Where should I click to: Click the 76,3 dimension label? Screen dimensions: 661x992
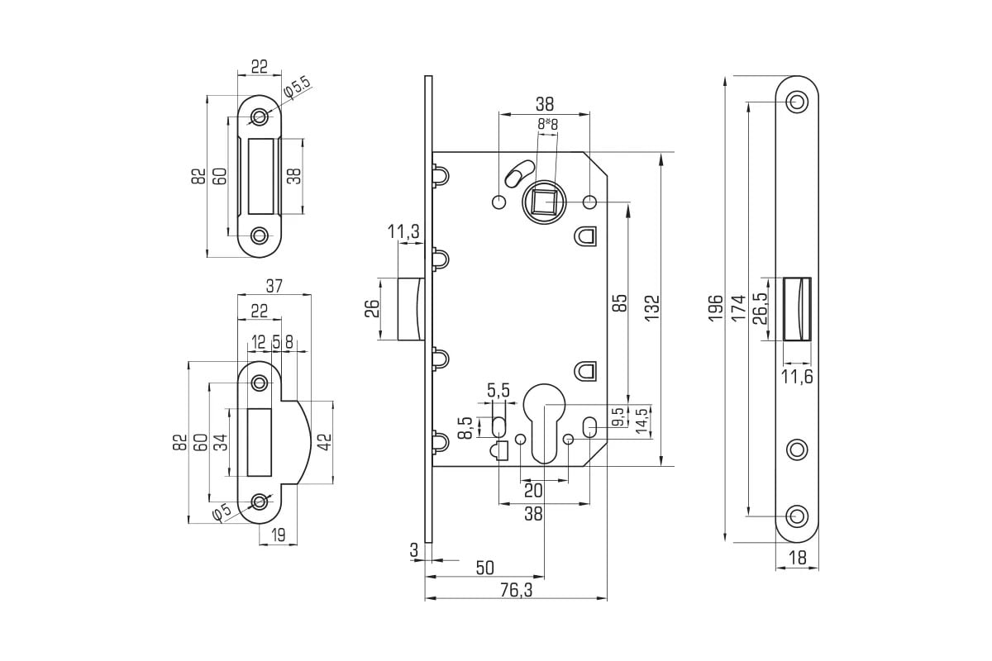click(515, 590)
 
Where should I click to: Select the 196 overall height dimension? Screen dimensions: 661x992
click(715, 308)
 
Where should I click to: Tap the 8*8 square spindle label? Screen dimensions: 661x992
click(547, 124)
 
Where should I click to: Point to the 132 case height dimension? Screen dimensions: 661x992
click(651, 308)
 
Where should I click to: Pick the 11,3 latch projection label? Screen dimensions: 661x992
click(403, 233)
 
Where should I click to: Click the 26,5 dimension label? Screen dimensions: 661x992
click(761, 308)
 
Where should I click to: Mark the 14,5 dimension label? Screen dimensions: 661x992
click(641, 421)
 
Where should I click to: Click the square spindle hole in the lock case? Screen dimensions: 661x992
click(542, 202)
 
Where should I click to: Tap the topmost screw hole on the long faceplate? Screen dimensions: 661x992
click(797, 102)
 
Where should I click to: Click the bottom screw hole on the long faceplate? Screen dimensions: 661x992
click(797, 516)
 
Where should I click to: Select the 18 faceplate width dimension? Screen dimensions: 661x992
click(797, 559)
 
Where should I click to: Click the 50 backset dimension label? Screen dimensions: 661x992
click(485, 568)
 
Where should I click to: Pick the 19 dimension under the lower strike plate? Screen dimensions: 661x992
click(279, 535)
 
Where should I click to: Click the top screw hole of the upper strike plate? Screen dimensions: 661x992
click(260, 117)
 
